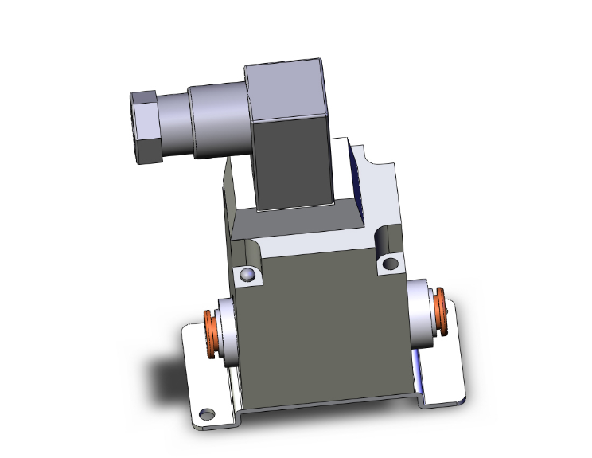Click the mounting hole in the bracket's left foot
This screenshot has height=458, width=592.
pyautogui.click(x=208, y=413)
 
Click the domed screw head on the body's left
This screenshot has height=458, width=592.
pyautogui.click(x=248, y=276)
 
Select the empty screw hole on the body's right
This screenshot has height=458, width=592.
pyautogui.click(x=390, y=263)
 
